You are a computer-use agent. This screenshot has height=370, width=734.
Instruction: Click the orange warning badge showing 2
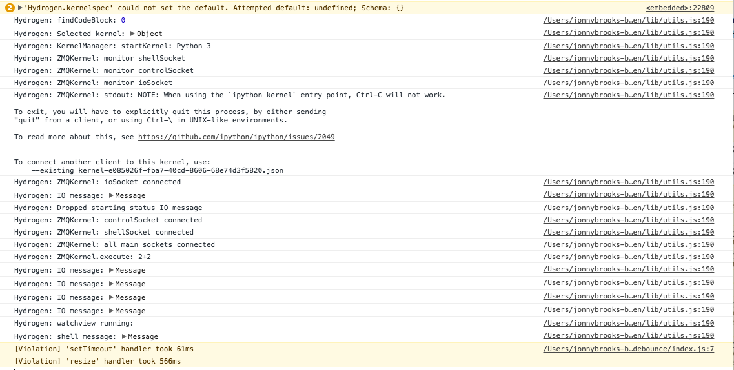[10, 8]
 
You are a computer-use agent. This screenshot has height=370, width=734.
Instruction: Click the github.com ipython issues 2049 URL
[236, 137]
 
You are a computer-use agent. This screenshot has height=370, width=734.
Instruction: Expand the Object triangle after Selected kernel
[132, 34]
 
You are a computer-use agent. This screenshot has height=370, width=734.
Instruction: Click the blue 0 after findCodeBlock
[123, 21]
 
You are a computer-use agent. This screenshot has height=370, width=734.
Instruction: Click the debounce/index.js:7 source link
[629, 349]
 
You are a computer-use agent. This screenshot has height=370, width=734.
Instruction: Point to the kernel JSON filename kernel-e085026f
[181, 171]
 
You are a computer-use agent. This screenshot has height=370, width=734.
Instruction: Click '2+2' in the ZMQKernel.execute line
[144, 257]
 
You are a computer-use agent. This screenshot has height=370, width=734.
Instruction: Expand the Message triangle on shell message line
[124, 336]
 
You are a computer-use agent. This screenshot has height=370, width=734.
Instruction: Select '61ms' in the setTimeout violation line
[185, 349]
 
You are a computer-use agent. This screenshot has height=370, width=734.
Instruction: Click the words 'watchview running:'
[95, 324]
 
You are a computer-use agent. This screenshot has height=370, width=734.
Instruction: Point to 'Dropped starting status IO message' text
[130, 208]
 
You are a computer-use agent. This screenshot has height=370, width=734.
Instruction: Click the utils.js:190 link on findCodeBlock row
[629, 21]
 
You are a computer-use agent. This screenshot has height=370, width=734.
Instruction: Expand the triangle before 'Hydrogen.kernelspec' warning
[19, 8]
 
